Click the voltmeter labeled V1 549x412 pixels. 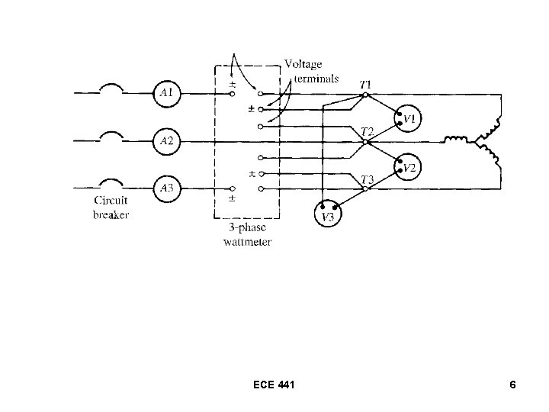pyautogui.click(x=408, y=119)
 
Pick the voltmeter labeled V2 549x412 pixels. pyautogui.click(x=408, y=167)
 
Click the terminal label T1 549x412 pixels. pyautogui.click(x=367, y=83)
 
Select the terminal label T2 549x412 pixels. pyautogui.click(x=367, y=130)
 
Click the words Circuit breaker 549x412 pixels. pyautogui.click(x=111, y=208)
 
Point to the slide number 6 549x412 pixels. pyautogui.click(x=512, y=386)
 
